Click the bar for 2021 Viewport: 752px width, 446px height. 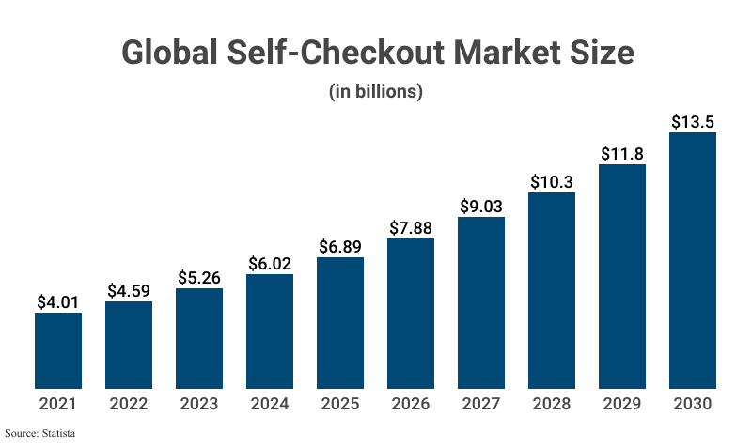pyautogui.click(x=58, y=350)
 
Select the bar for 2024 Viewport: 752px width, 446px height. pyautogui.click(x=270, y=331)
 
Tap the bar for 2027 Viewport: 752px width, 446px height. pyautogui.click(x=481, y=302)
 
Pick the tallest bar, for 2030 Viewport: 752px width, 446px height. pyautogui.click(x=693, y=260)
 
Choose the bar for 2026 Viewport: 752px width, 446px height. pyautogui.click(x=411, y=313)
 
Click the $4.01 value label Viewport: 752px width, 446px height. pyautogui.click(x=58, y=302)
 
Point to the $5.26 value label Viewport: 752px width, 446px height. pyautogui.click(x=199, y=278)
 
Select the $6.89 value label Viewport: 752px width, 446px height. pyautogui.click(x=340, y=247)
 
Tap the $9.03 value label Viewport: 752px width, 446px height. pyautogui.click(x=481, y=207)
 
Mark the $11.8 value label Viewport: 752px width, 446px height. pyautogui.click(x=622, y=154)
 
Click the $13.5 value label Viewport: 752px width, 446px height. pyautogui.click(x=693, y=122)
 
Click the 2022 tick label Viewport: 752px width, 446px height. pyautogui.click(x=129, y=405)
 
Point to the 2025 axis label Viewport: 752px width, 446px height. pyautogui.click(x=340, y=405)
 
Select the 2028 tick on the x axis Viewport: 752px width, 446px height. pyautogui.click(x=552, y=405)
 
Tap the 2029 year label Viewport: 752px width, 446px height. pyautogui.click(x=622, y=405)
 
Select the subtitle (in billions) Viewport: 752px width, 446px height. pyautogui.click(x=375, y=92)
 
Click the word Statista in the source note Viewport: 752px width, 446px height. pyautogui.click(x=56, y=433)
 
